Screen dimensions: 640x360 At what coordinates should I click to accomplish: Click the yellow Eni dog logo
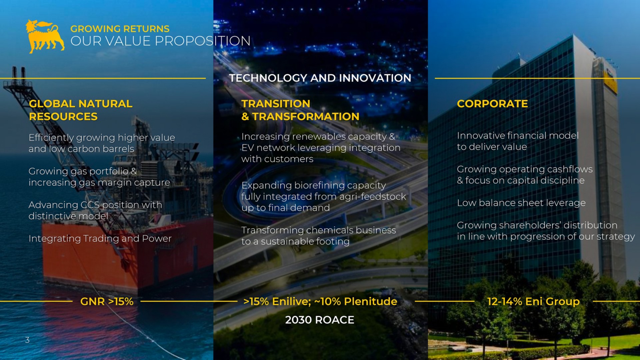click(x=45, y=36)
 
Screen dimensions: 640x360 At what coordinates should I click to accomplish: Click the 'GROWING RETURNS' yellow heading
click(x=120, y=29)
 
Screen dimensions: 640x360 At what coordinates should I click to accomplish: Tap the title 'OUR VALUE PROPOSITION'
click(x=160, y=41)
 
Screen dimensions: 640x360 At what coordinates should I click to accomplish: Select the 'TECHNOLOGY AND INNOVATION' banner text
click(x=320, y=78)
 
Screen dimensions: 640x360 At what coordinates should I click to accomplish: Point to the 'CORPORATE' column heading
click(x=492, y=104)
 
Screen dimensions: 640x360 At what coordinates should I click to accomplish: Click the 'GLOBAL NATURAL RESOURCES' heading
click(x=81, y=110)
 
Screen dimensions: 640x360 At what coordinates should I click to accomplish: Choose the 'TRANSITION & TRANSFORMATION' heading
click(x=300, y=110)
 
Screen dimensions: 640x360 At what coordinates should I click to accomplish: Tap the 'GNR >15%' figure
click(x=107, y=301)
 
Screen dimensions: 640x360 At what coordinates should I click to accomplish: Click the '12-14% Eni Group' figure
click(x=533, y=302)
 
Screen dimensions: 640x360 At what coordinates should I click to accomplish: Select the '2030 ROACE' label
click(x=320, y=320)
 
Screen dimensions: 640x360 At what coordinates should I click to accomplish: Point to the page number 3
click(x=27, y=340)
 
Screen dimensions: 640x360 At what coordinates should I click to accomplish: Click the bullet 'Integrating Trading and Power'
click(x=100, y=239)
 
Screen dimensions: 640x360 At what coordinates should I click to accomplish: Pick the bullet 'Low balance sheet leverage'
click(x=521, y=203)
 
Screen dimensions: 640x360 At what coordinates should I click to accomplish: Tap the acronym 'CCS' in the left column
click(x=90, y=205)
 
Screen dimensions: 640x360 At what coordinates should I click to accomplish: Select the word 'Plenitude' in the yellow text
click(x=371, y=302)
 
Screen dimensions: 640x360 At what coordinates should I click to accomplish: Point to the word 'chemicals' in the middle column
click(x=330, y=230)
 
